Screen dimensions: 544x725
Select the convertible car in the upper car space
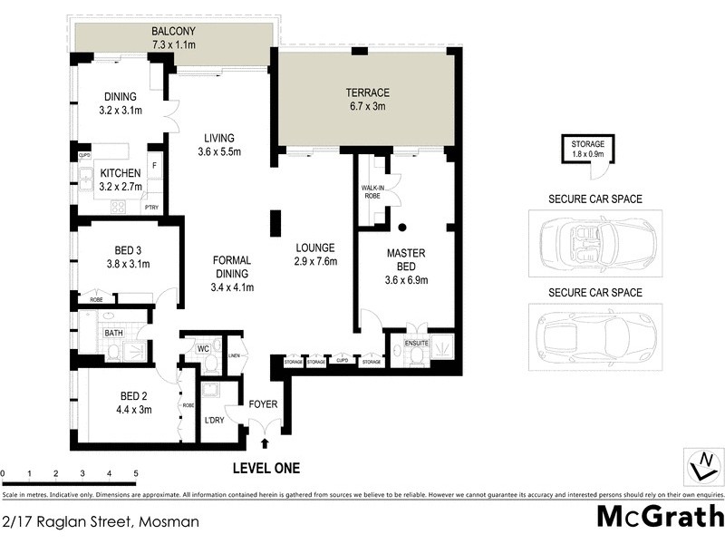pos(595,243)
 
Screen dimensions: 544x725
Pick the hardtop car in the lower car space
pos(595,335)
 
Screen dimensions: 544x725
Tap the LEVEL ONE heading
pos(266,469)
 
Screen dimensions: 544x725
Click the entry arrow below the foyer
pos(265,443)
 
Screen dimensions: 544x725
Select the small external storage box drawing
pos(587,150)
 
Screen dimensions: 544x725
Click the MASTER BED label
pos(406,260)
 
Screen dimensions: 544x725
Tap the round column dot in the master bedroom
pos(401,227)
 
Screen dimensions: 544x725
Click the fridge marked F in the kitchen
pos(154,166)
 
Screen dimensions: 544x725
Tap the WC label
pos(203,348)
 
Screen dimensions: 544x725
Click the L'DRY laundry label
pos(215,420)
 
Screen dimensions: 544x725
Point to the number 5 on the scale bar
pos(135,474)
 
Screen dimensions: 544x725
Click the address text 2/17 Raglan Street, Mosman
pos(100,522)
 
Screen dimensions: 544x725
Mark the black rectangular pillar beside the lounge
pos(275,223)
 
